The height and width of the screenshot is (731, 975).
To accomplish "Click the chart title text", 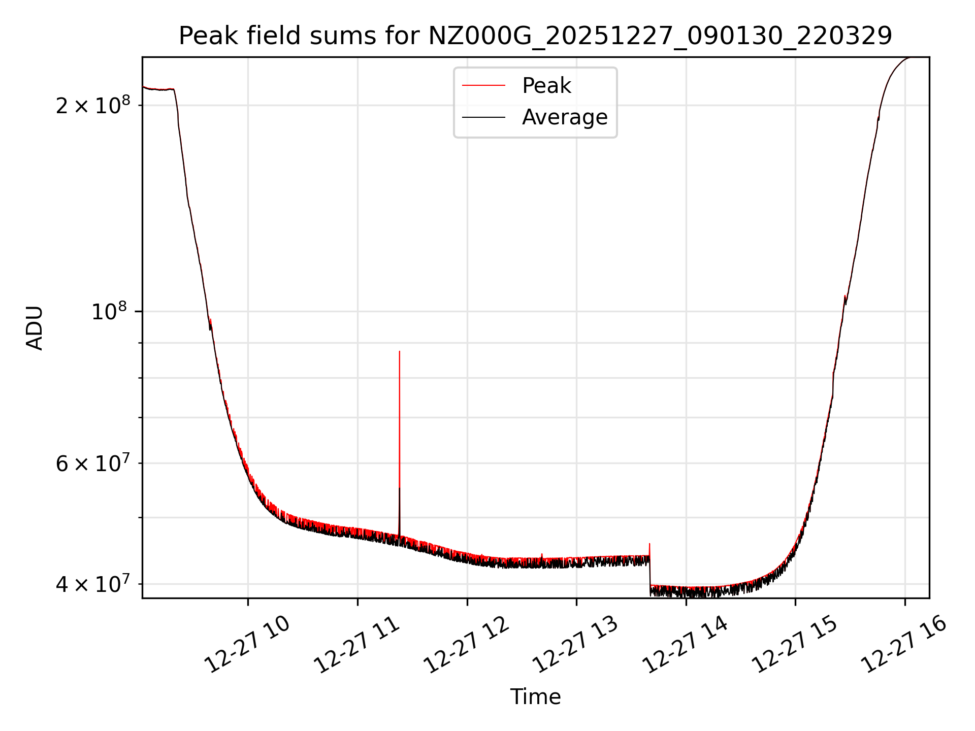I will (x=535, y=36).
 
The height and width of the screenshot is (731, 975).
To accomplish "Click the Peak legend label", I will (x=546, y=86).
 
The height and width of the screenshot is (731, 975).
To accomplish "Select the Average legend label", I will (x=565, y=117).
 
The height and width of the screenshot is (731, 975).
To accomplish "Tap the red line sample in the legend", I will (x=483, y=86).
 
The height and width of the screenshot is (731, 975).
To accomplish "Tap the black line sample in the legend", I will (x=483, y=117).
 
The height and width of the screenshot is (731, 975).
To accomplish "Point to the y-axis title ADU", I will (x=35, y=328).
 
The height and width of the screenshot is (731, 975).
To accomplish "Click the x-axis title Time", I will (x=535, y=697).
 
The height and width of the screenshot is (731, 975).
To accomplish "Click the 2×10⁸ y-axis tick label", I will (x=93, y=106).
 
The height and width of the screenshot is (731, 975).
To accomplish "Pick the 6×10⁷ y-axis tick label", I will (x=93, y=463).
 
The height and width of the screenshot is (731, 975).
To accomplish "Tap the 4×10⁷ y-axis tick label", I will (x=93, y=584).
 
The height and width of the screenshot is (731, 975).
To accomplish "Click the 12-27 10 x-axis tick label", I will (x=247, y=645).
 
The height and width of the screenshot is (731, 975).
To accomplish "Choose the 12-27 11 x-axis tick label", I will (x=357, y=645).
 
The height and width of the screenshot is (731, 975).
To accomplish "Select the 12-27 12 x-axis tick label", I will (x=467, y=645).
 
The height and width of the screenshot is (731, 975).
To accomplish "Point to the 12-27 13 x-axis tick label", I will (x=576, y=645).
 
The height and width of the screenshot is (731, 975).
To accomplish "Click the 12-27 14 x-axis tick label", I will (x=686, y=645).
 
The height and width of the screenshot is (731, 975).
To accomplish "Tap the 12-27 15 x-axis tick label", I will (x=795, y=645).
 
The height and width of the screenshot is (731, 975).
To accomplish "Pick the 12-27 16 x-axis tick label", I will (x=904, y=645).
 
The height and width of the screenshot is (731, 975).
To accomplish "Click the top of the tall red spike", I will (x=400, y=352).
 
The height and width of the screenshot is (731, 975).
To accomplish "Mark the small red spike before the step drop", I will (x=649, y=545).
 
